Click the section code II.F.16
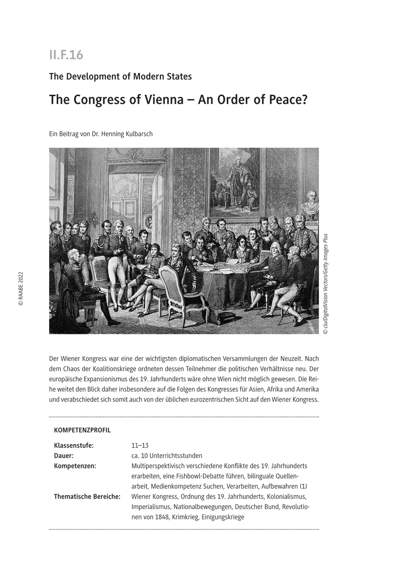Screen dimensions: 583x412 66,55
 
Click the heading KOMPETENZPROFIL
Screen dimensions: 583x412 82,430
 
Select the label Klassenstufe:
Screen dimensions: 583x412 74,445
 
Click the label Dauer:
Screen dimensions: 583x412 64,455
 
